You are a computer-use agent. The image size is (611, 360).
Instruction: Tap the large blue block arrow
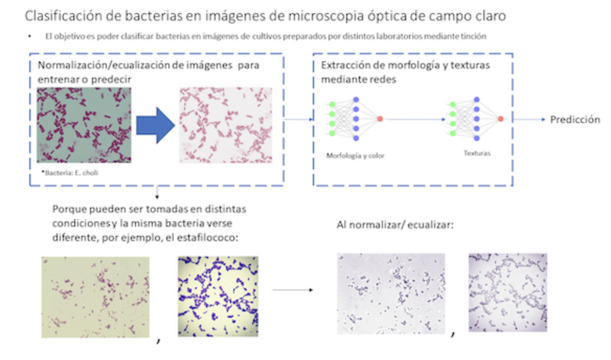tap(155, 126)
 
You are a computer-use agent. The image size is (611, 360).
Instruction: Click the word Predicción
tap(575, 120)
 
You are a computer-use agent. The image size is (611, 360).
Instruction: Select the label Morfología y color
tap(355, 155)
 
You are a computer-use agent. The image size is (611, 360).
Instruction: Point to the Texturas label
tap(477, 153)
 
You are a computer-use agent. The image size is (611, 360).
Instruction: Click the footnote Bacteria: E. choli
tap(70, 173)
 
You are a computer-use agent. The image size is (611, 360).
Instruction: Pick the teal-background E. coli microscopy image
tap(84, 125)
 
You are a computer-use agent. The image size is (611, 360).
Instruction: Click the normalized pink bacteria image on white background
tap(225, 125)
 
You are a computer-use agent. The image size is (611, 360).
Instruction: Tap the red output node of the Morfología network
tap(380, 119)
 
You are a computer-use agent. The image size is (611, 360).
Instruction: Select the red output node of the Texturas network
tap(501, 119)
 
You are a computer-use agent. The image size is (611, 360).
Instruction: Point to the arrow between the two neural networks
tap(416, 119)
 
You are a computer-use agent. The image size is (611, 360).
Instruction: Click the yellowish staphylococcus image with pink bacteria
tap(95, 297)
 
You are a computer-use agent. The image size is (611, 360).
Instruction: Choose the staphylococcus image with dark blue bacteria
tap(218, 296)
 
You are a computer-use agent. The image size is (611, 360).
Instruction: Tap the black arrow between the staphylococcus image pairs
tap(292, 290)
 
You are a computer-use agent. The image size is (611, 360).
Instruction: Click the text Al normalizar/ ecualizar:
tap(395, 225)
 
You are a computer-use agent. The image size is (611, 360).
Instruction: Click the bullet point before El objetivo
tap(30, 36)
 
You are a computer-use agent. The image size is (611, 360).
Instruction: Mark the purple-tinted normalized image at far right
tap(508, 292)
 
